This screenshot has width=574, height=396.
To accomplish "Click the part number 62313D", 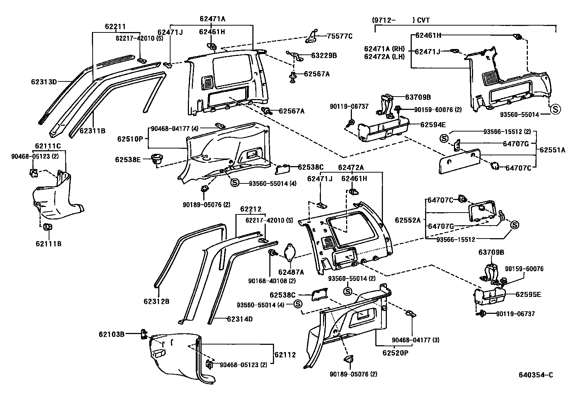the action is click(44, 82).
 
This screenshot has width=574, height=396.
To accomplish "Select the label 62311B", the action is click(93, 131).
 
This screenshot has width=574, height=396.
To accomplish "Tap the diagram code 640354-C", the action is click(536, 375).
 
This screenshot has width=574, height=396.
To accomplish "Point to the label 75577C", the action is click(340, 36).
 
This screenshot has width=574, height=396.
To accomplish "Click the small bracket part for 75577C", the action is click(312, 36).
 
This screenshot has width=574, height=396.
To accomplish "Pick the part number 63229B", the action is click(324, 55).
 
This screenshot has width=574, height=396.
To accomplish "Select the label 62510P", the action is click(130, 139).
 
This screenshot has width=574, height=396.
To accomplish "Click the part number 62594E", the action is click(433, 125).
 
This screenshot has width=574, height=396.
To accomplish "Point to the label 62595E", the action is click(528, 294).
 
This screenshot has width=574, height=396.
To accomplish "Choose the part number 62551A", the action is click(552, 150).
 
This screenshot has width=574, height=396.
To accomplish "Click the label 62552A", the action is click(408, 220).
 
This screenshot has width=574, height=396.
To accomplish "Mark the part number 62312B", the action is click(156, 302).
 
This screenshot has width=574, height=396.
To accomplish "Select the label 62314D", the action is click(240, 319).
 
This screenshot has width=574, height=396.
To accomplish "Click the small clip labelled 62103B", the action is click(144, 334).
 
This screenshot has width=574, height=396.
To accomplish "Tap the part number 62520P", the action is click(396, 353).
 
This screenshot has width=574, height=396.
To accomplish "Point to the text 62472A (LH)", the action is click(384, 57).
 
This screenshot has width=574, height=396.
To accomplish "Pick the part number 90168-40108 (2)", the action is click(272, 281).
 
